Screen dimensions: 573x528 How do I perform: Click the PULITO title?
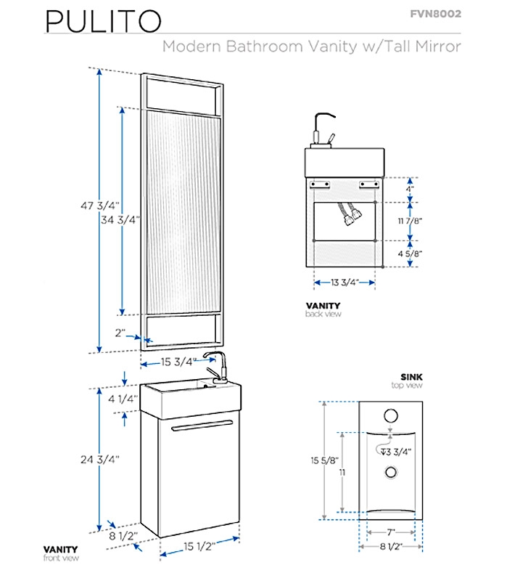point(102,22)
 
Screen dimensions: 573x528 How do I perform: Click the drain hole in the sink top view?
point(392,472)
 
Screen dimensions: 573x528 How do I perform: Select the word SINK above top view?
point(411,376)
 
